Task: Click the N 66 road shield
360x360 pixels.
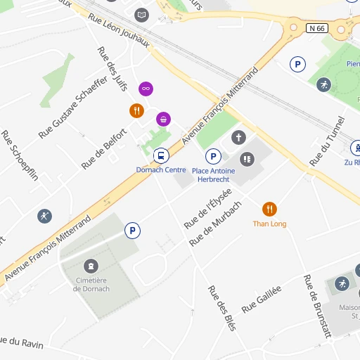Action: point(317,28)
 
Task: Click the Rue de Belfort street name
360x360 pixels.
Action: point(104,148)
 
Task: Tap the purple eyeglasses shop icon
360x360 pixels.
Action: point(146,88)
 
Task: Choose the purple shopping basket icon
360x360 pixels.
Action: point(163,119)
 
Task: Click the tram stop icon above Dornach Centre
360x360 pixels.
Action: point(162,155)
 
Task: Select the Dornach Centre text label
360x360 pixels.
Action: point(161,169)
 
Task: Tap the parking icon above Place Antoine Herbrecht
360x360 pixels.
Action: point(212,156)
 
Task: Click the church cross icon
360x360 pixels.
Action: point(239,137)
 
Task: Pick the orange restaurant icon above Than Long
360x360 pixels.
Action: point(269,209)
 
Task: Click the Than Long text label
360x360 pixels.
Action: point(269,224)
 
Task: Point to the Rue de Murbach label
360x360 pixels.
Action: point(215,223)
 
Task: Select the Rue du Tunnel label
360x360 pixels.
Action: point(328,141)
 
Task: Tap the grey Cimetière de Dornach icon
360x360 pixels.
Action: point(91,266)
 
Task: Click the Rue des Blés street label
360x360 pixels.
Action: point(221,308)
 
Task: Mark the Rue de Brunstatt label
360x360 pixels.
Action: point(317,307)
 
